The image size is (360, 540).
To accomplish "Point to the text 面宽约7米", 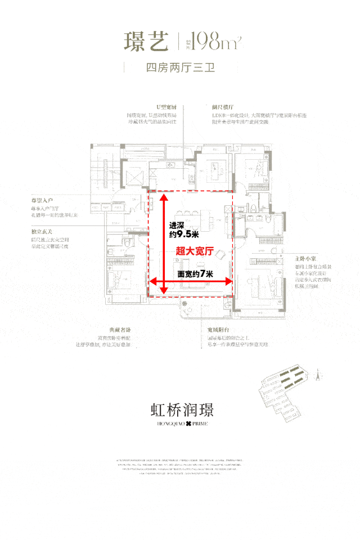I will [195, 274].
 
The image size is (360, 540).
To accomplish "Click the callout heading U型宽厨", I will [167, 107].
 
